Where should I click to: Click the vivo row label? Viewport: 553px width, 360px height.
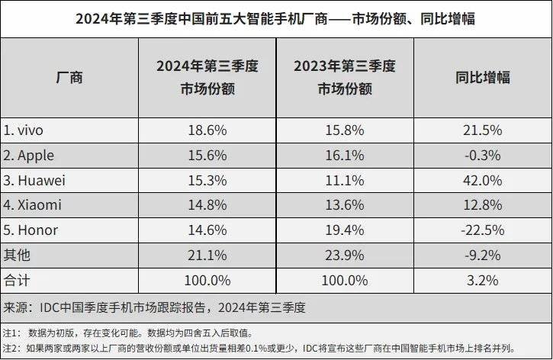coord(24,130)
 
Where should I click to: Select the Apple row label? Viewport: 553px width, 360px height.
coord(29,155)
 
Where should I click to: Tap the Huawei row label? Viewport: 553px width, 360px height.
coord(34,180)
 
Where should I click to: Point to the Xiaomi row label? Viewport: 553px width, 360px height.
coord(32,204)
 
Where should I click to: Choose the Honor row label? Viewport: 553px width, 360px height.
coord(31,230)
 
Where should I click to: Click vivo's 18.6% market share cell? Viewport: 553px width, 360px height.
coord(206,130)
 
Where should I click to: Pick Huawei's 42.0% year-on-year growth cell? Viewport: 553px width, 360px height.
coord(482,180)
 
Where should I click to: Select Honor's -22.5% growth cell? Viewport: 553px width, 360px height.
coord(482,230)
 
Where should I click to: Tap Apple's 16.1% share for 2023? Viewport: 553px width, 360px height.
coord(345,155)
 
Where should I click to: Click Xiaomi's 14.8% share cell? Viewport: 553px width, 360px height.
coord(206,204)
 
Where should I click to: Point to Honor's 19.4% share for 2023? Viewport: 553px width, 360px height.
coord(345,230)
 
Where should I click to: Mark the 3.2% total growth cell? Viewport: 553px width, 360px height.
coord(482,280)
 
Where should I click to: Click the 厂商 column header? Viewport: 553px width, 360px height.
coord(69,77)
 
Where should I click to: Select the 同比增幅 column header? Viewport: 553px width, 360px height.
coord(482,77)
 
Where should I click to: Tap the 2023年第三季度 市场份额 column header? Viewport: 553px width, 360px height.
coord(345,77)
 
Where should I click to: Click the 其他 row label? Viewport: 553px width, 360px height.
coord(17,255)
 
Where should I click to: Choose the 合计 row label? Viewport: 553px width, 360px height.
coord(17,280)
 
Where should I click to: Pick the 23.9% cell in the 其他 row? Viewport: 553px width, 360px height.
coord(345,255)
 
